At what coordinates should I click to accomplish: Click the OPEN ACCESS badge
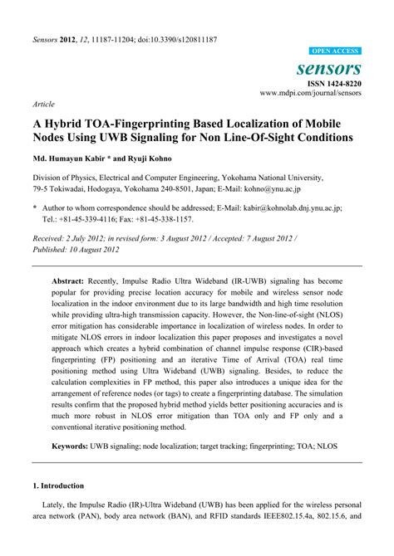click(x=334, y=51)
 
